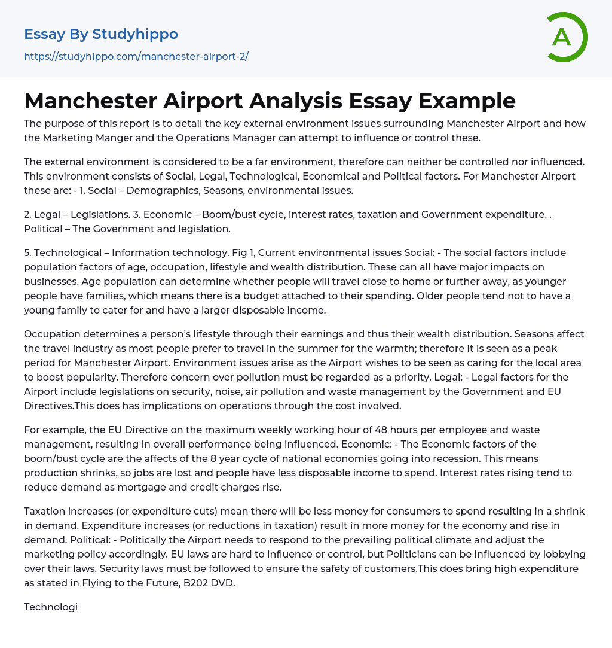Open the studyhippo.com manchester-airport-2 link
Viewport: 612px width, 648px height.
[x=136, y=57]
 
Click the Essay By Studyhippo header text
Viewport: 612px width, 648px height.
[x=101, y=34]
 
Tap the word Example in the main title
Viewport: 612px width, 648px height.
[x=470, y=101]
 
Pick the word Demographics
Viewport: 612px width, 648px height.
[x=154, y=191]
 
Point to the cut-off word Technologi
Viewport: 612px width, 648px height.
[x=51, y=607]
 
